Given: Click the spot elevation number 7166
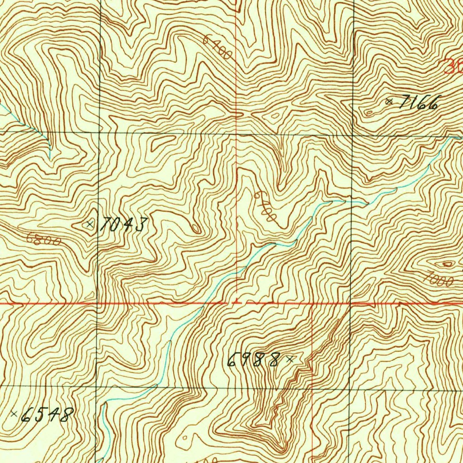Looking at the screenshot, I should (418, 104).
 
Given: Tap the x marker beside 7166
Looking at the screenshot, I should (389, 102).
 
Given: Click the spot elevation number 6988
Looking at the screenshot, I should (253, 360).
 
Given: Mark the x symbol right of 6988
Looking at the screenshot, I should (290, 359).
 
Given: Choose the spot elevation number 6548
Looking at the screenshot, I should (47, 414).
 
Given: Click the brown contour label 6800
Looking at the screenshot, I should (43, 239).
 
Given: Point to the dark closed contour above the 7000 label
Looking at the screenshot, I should (448, 264).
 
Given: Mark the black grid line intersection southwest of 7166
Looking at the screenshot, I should (353, 134).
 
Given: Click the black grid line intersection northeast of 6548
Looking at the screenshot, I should (96, 387).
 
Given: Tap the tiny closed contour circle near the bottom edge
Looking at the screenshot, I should (185, 438).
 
